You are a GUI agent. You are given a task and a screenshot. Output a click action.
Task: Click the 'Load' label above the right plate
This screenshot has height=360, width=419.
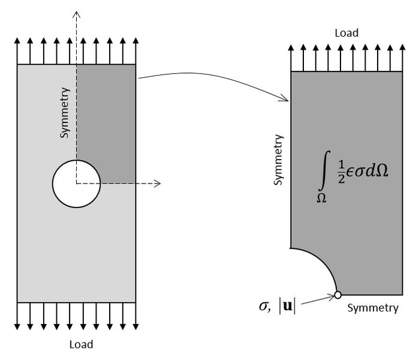point(347,33)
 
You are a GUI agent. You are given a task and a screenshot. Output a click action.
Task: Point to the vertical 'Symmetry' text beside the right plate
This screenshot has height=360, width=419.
point(278,160)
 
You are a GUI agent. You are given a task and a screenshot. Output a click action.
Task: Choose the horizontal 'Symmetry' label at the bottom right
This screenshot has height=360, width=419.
point(372,308)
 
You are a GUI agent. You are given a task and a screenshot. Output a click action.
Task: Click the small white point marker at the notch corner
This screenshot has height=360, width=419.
point(337,295)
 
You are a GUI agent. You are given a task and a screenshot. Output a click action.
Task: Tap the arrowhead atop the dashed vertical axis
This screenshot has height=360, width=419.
point(76,13)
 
